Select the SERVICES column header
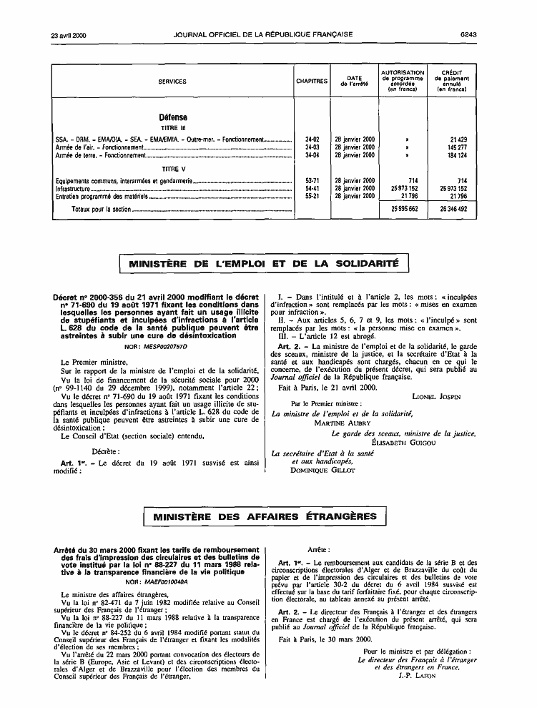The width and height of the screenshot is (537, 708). [x=172, y=82]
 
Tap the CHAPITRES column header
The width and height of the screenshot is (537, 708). [x=312, y=82]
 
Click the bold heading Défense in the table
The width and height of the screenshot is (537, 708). [x=173, y=117]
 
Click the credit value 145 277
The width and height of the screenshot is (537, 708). [x=453, y=147]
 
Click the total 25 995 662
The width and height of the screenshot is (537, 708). [x=403, y=208]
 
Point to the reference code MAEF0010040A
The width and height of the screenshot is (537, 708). [x=165, y=581]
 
